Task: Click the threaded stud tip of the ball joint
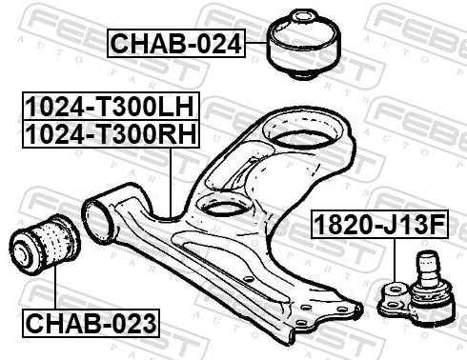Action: tap(426, 255)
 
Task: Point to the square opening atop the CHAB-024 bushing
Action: tap(302, 16)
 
